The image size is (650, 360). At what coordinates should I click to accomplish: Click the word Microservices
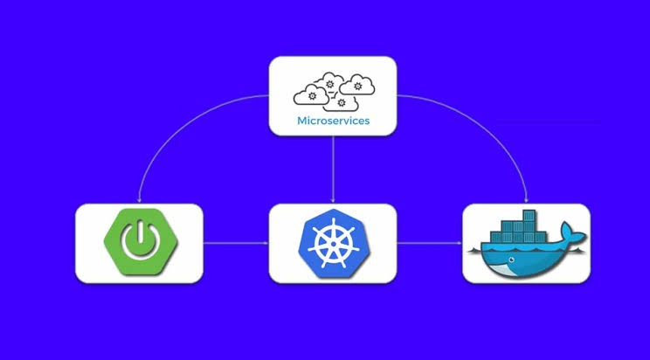point(333,121)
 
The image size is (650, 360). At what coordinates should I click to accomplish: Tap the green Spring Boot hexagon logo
point(141,241)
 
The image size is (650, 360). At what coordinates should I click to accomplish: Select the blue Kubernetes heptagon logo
point(334,244)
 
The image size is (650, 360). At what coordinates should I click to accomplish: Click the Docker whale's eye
point(512,260)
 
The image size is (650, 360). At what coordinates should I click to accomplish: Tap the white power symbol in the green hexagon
point(141,241)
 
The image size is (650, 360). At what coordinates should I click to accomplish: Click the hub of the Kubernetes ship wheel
point(333,244)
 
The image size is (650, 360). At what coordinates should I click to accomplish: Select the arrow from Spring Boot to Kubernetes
point(236,243)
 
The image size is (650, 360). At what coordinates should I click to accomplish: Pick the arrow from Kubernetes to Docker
point(430,243)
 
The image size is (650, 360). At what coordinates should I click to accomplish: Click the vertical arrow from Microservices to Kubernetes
point(333,170)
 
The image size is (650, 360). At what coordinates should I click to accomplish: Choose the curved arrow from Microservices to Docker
point(494,123)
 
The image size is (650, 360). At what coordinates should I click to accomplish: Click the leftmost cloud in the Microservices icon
point(311,95)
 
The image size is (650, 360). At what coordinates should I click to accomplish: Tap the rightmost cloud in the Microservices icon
point(357,85)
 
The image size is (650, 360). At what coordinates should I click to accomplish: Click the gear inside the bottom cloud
point(342,102)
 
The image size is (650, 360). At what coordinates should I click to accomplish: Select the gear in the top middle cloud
point(329,84)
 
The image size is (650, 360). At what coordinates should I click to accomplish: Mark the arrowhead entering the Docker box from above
point(527,201)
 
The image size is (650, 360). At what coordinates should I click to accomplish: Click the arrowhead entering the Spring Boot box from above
point(139,201)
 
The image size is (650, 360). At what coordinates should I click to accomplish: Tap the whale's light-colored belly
point(503,270)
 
